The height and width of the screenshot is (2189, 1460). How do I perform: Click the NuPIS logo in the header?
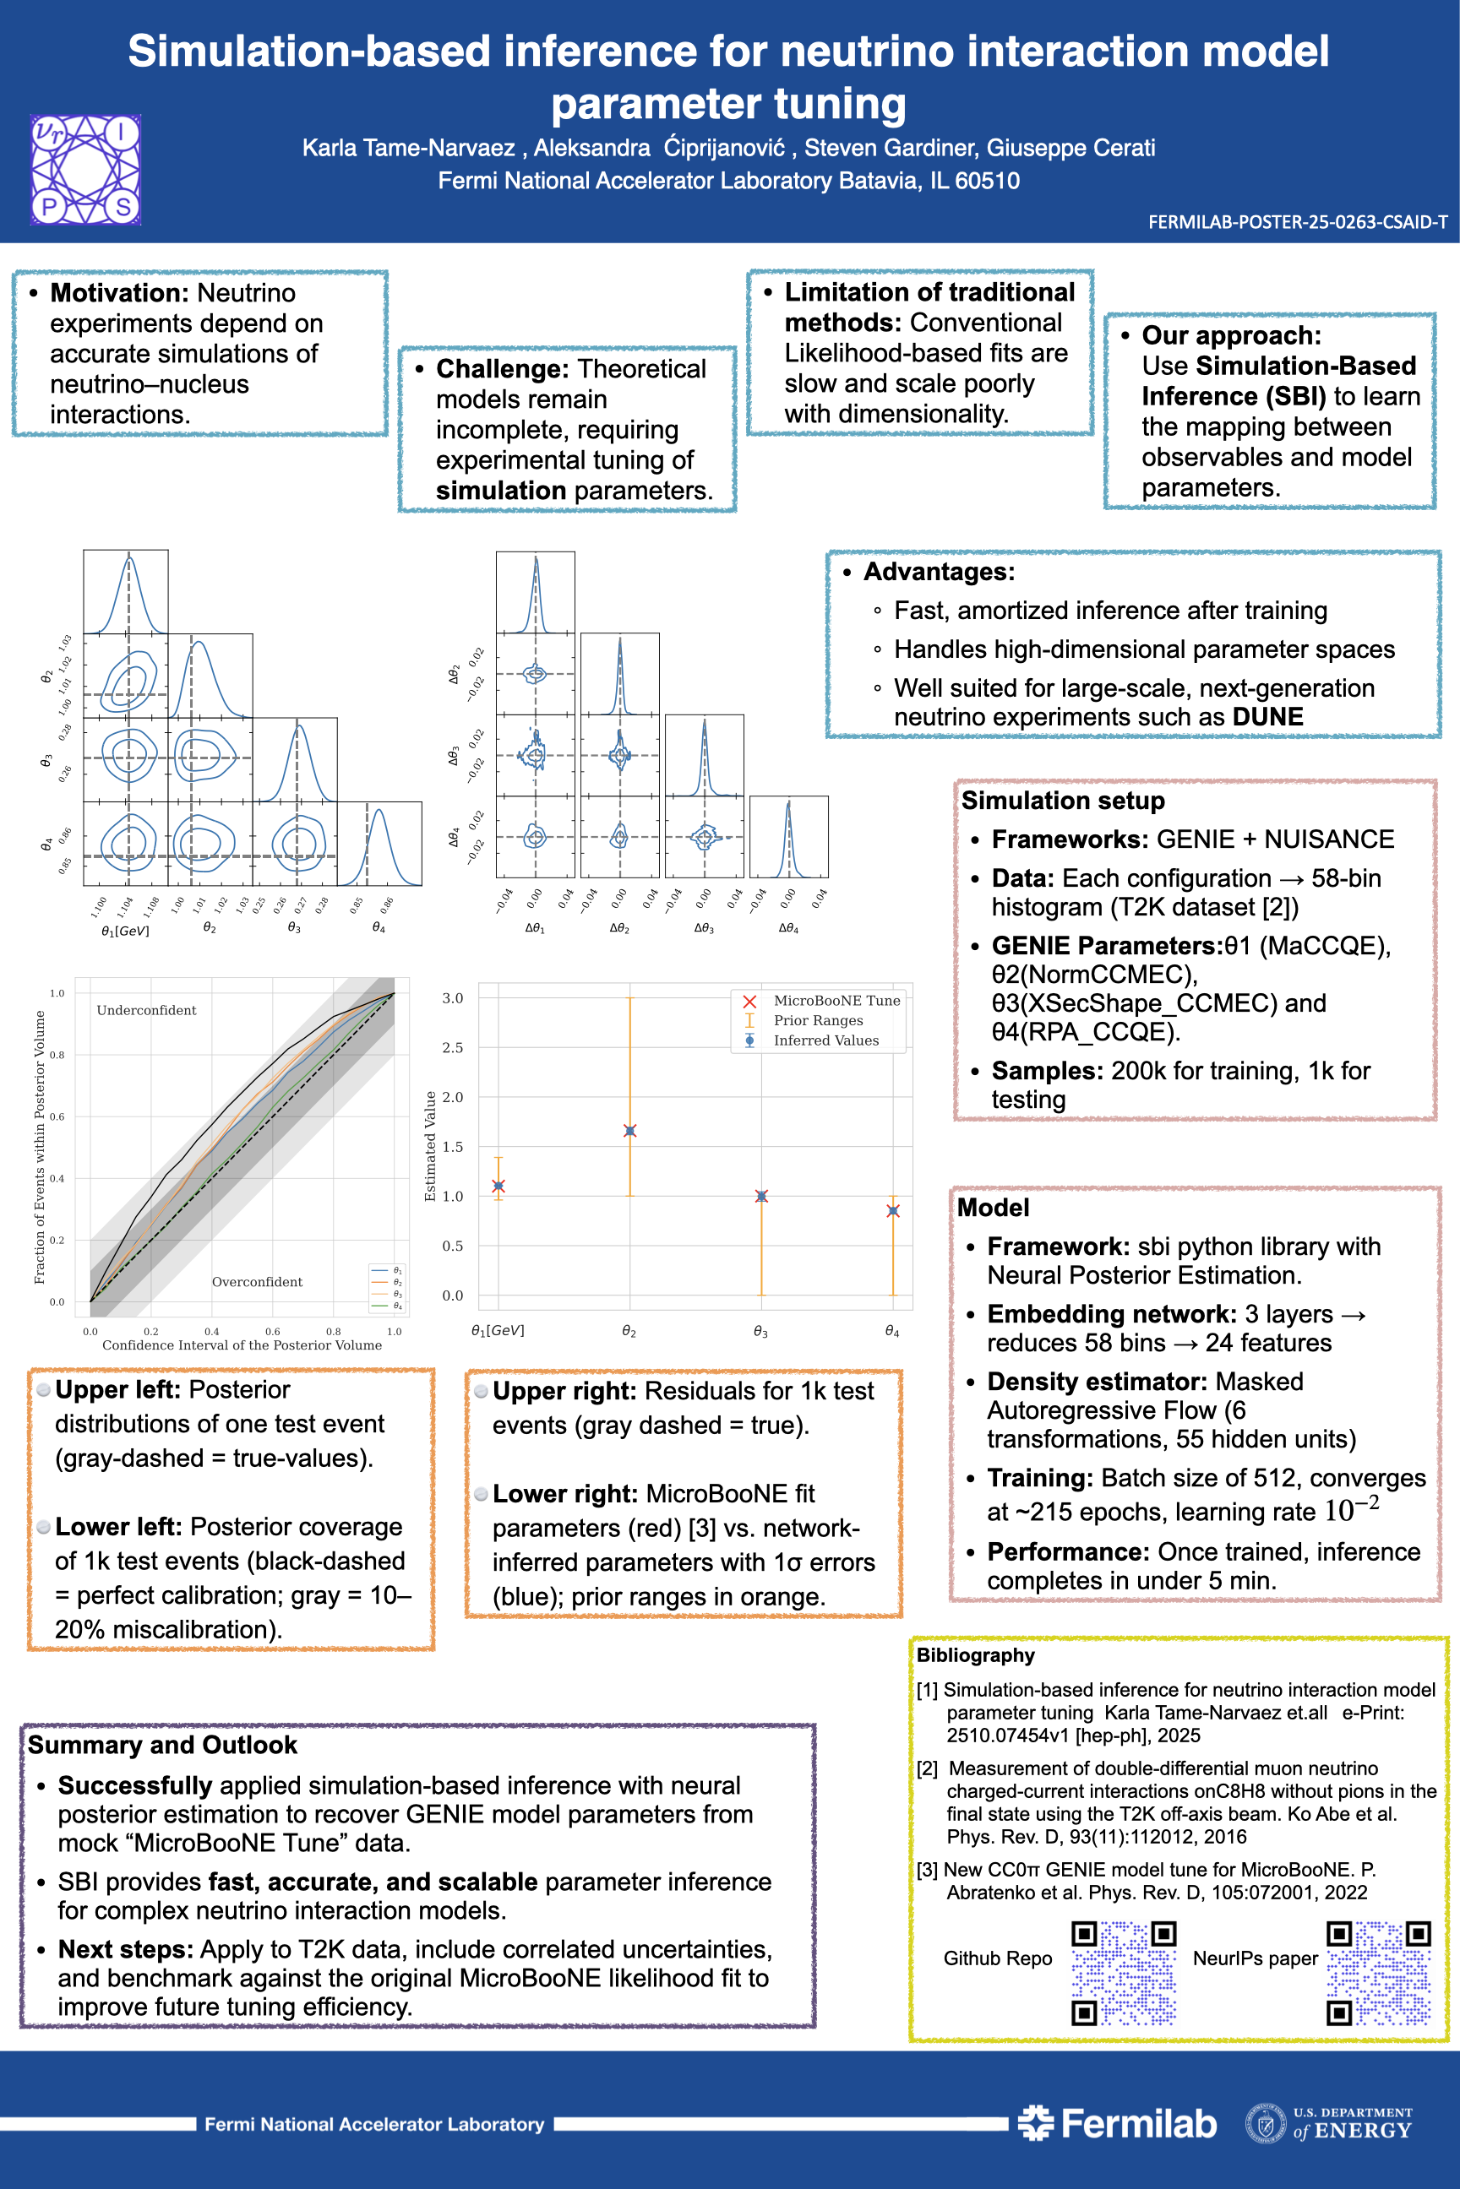click(x=85, y=170)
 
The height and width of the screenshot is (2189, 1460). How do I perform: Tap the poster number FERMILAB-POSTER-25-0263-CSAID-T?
click(x=1297, y=222)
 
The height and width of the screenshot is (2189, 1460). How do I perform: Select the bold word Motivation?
click(x=119, y=293)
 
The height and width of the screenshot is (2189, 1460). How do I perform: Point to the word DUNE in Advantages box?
click(x=1267, y=717)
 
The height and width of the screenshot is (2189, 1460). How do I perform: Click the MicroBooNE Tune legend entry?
click(x=836, y=1001)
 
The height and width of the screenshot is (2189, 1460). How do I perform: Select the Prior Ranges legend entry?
click(x=818, y=1021)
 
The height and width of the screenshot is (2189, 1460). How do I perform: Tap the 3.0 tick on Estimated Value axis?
click(x=453, y=998)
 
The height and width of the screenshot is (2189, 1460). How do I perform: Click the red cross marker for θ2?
click(x=630, y=1131)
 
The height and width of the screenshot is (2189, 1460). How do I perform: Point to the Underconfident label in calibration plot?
click(x=146, y=1011)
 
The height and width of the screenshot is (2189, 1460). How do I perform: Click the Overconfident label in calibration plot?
click(x=257, y=1283)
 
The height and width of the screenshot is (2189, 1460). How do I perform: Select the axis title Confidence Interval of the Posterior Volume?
click(x=242, y=1344)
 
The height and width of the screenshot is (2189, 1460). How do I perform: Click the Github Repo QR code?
click(x=1124, y=1973)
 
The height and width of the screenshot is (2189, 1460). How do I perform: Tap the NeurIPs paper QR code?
click(x=1379, y=1973)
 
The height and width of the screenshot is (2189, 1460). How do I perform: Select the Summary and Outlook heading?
click(x=162, y=1745)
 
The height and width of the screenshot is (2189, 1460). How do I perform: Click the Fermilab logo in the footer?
click(x=1117, y=2123)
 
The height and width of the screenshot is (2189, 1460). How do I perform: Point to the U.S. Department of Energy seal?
click(x=1266, y=2123)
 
